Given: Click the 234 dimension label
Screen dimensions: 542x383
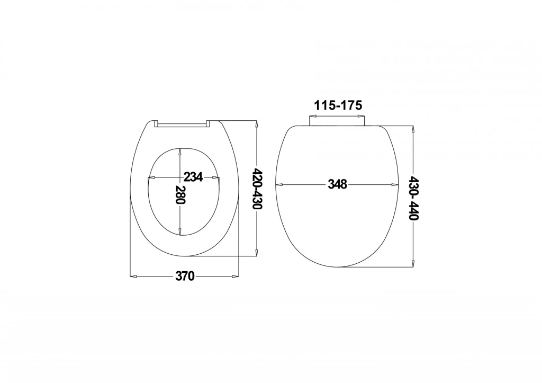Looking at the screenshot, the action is pos(193,177).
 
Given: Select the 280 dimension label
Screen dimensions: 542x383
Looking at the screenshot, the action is pos(180,195).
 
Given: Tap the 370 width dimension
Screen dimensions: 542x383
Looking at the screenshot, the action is pos(185,276).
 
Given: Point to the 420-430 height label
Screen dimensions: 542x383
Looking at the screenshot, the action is pos(258,189).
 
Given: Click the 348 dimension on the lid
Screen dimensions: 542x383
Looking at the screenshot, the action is pos(337,184).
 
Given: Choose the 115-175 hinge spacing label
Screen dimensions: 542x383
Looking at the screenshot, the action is pos(338,105).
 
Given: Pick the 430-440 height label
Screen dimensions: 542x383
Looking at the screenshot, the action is pos(414,198).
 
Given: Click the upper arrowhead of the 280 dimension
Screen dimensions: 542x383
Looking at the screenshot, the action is pos(180,152).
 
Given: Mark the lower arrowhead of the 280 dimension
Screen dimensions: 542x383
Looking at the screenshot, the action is pos(180,231).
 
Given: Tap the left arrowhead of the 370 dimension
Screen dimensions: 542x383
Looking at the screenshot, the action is pos(133,276).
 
